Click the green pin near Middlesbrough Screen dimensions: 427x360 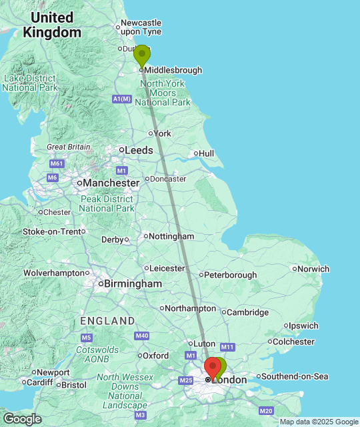pos(142,55)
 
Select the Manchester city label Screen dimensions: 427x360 pos(111,182)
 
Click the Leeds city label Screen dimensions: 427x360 pos(139,151)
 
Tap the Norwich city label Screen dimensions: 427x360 pos(313,269)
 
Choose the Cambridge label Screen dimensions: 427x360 pos(247,312)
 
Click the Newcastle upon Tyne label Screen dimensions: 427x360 pos(141,27)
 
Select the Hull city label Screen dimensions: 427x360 pos(206,153)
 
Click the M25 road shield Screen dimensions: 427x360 pos(185,380)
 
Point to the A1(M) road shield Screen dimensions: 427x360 pos(121,99)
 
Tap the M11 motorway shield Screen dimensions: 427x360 pos(227,347)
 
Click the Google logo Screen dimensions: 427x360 pos(21,418)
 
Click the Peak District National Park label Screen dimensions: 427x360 pos(107,203)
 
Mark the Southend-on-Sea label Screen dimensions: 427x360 pos(295,376)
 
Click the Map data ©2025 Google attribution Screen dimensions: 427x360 pos(318,422)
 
